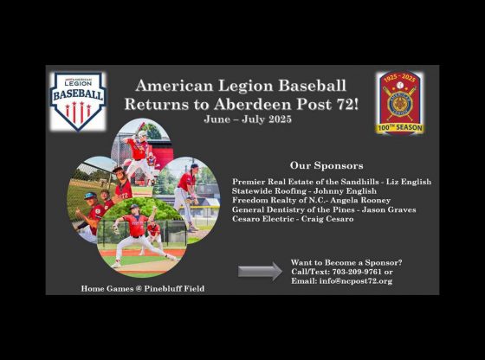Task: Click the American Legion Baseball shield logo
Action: [x=78, y=101]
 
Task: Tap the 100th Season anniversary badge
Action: [x=399, y=103]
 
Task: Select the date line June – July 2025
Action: [x=248, y=119]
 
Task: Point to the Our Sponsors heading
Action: [x=327, y=165]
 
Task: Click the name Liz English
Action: [x=409, y=182]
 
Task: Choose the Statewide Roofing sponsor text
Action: [x=268, y=191]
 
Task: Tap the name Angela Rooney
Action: [x=360, y=200]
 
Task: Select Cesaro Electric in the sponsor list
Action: [x=262, y=219]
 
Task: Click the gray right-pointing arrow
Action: [x=260, y=272]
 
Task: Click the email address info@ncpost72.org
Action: [x=356, y=281]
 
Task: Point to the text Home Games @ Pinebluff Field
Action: [x=143, y=289]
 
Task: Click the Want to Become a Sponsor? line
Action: [x=346, y=263]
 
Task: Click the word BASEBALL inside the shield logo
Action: [x=78, y=94]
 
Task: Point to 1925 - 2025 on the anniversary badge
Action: [x=399, y=79]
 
